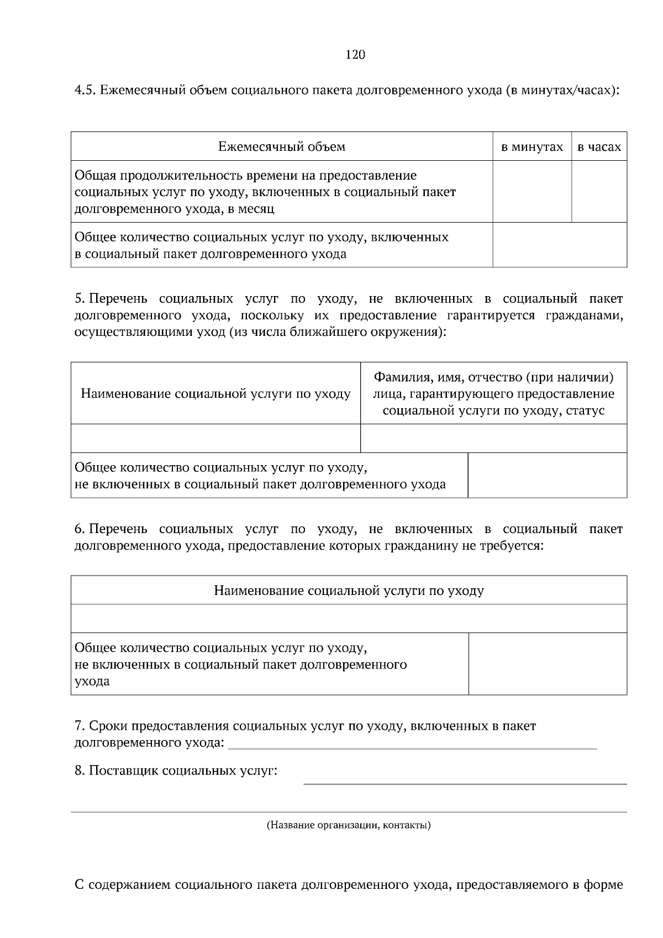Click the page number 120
tap(355, 55)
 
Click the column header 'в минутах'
tap(532, 147)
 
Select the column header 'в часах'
tap(599, 147)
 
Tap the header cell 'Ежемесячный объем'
tap(282, 146)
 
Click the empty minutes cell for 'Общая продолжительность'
tap(532, 192)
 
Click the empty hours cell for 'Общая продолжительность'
tap(599, 192)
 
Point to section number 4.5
tap(86, 90)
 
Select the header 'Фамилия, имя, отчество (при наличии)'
tap(493, 377)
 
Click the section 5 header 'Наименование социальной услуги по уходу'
tap(215, 394)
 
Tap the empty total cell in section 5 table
tap(547, 476)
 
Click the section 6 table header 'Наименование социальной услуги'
tap(349, 591)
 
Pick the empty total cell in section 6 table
tap(547, 664)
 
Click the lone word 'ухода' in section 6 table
tap(92, 681)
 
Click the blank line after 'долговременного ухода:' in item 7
tap(412, 745)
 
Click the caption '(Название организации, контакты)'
tap(349, 826)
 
